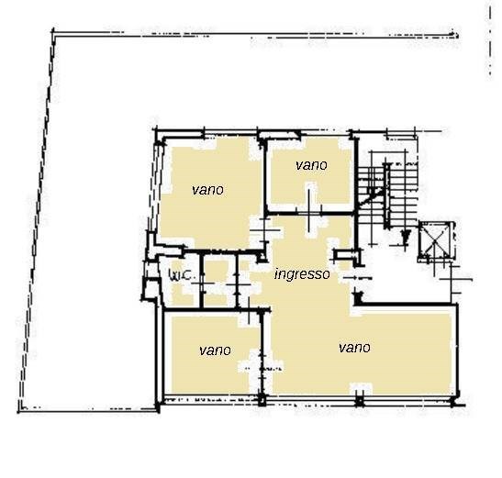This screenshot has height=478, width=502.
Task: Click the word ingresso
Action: [x=302, y=274]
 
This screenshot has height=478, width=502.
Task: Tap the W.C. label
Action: [x=182, y=274]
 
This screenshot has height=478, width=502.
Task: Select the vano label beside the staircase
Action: [x=311, y=165]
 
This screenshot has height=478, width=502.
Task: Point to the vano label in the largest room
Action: [x=355, y=348]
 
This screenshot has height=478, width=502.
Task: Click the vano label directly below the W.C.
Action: [x=215, y=350]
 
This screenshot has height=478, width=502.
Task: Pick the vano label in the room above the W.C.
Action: [x=207, y=190]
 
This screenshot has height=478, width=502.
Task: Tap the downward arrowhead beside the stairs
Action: [x=406, y=237]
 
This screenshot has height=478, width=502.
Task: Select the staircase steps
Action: [x=387, y=195]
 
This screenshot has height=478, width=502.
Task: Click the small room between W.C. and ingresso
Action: [x=219, y=281]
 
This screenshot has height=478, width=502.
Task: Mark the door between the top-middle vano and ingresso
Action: [x=309, y=211]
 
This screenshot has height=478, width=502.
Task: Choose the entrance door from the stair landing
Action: [x=356, y=278]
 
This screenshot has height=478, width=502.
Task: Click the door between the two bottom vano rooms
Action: [x=262, y=368]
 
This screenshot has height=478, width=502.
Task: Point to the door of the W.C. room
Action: [x=203, y=283]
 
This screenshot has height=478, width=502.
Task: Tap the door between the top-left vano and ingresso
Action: [x=264, y=230]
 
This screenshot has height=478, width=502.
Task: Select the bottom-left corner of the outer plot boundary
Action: [x=19, y=410]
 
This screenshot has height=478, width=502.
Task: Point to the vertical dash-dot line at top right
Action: [x=490, y=41]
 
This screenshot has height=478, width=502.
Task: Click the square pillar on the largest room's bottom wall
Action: [x=360, y=401]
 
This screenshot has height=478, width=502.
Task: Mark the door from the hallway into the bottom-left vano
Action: [x=250, y=310]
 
